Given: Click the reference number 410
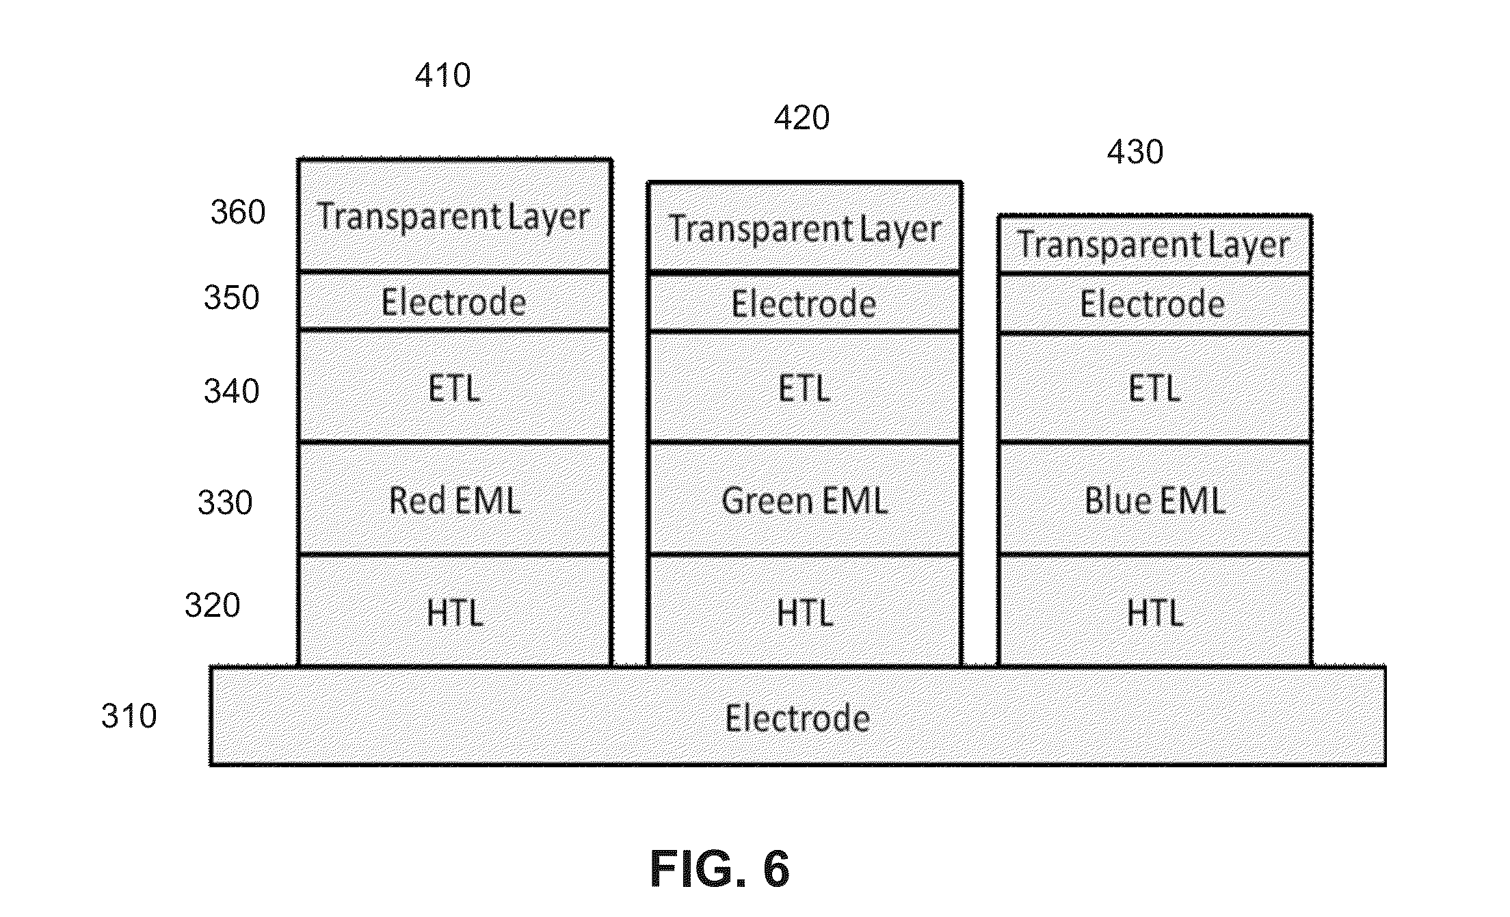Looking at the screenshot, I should tap(443, 75).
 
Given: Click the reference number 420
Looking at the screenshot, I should tap(802, 118).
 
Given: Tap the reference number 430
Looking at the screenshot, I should tap(1135, 152).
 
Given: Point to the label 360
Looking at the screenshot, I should tap(238, 213).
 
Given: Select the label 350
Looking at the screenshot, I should tap(232, 298).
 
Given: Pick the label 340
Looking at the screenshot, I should tap(232, 392).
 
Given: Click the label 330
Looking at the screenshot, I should tap(225, 503).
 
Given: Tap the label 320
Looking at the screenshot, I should tap(213, 606).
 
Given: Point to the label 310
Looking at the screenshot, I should tap(129, 717).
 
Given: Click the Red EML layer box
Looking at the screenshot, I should tap(455, 499).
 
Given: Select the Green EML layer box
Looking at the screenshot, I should tap(805, 499).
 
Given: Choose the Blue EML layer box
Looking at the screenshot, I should tap(1155, 499).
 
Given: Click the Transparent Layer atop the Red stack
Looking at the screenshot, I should tap(455, 216).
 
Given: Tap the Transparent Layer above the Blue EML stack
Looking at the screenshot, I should tap(1155, 245).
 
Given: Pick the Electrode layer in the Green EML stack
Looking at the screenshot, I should tap(805, 304).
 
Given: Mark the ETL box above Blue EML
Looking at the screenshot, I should tap(1155, 388).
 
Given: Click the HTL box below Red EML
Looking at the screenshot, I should tap(455, 611).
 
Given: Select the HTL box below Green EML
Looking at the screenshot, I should tap(805, 611).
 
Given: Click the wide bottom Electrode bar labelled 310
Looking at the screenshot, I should tap(797, 717).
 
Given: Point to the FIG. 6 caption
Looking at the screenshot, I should tap(720, 869).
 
